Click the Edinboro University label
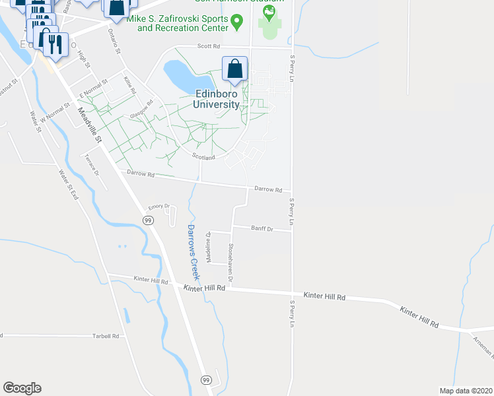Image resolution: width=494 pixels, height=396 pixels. click(x=216, y=99)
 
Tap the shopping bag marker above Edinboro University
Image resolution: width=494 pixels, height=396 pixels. click(x=234, y=69)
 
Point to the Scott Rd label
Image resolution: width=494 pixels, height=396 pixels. click(x=210, y=46)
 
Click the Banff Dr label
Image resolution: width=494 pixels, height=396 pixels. click(x=262, y=228)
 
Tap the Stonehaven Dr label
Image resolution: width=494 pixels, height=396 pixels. click(x=230, y=263)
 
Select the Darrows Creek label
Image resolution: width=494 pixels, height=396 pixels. click(x=192, y=251)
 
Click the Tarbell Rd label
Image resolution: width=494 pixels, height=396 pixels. click(x=106, y=336)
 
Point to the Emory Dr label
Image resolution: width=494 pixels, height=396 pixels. click(x=159, y=207)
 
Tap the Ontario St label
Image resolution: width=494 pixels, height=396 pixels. click(x=117, y=42)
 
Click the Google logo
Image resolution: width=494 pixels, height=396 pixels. click(x=22, y=388)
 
